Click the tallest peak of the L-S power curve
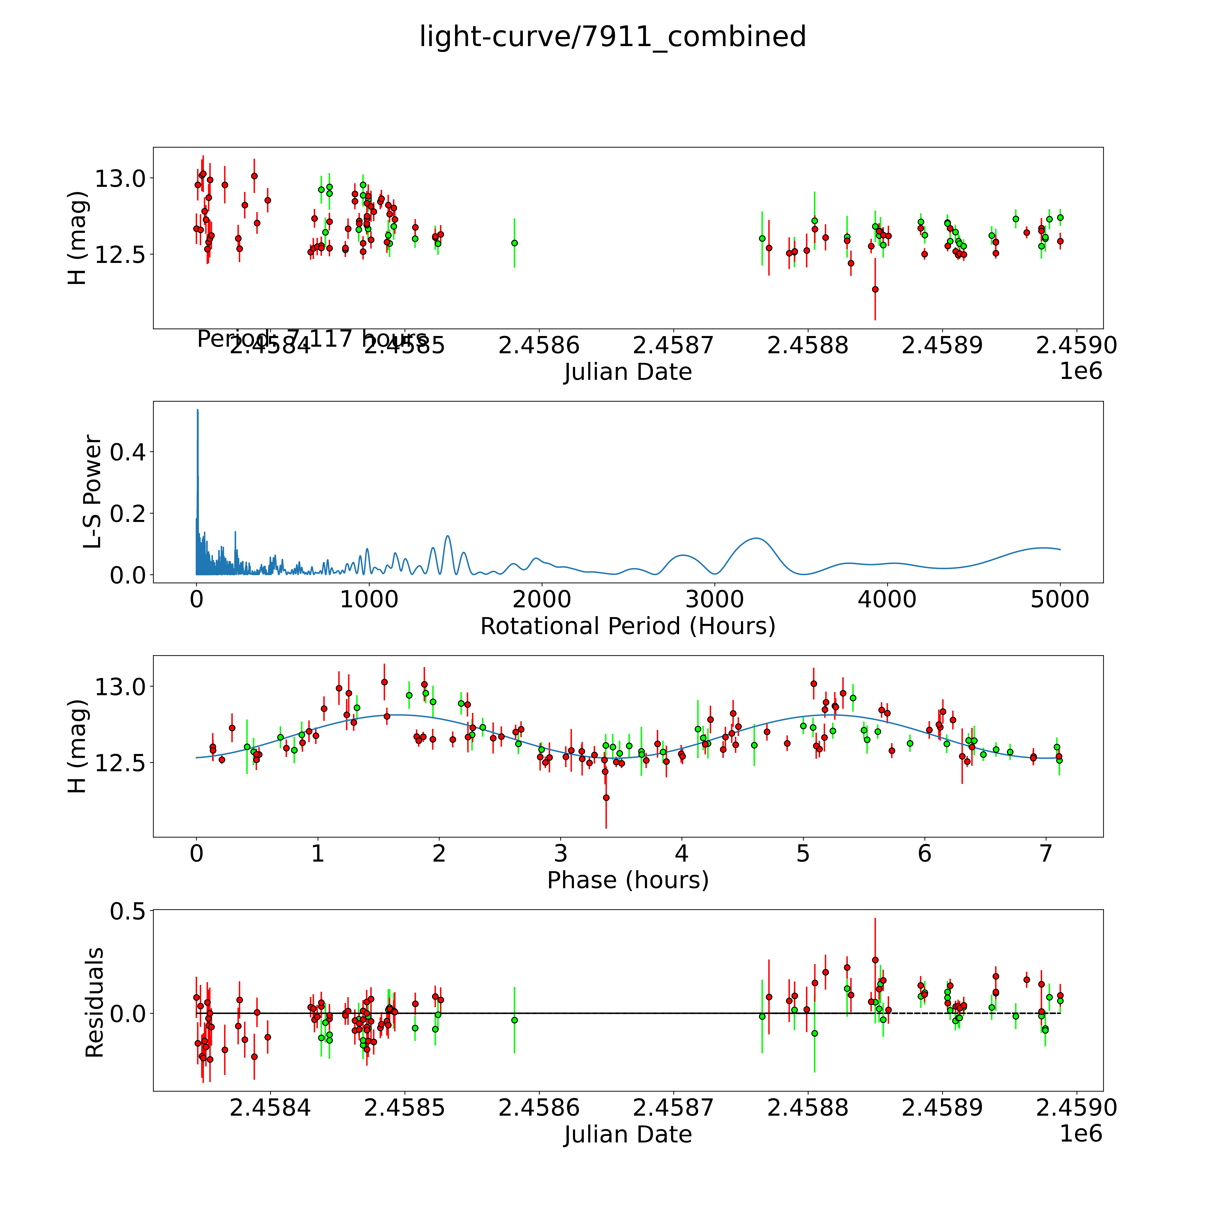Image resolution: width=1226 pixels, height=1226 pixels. coord(197,410)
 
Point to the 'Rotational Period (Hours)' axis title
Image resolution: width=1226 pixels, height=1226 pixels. coord(628,626)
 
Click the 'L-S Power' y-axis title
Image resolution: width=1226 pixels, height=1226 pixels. coord(93,492)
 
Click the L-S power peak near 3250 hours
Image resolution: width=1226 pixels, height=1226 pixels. coord(756,538)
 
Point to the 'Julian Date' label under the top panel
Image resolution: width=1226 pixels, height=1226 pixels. coord(628,372)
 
